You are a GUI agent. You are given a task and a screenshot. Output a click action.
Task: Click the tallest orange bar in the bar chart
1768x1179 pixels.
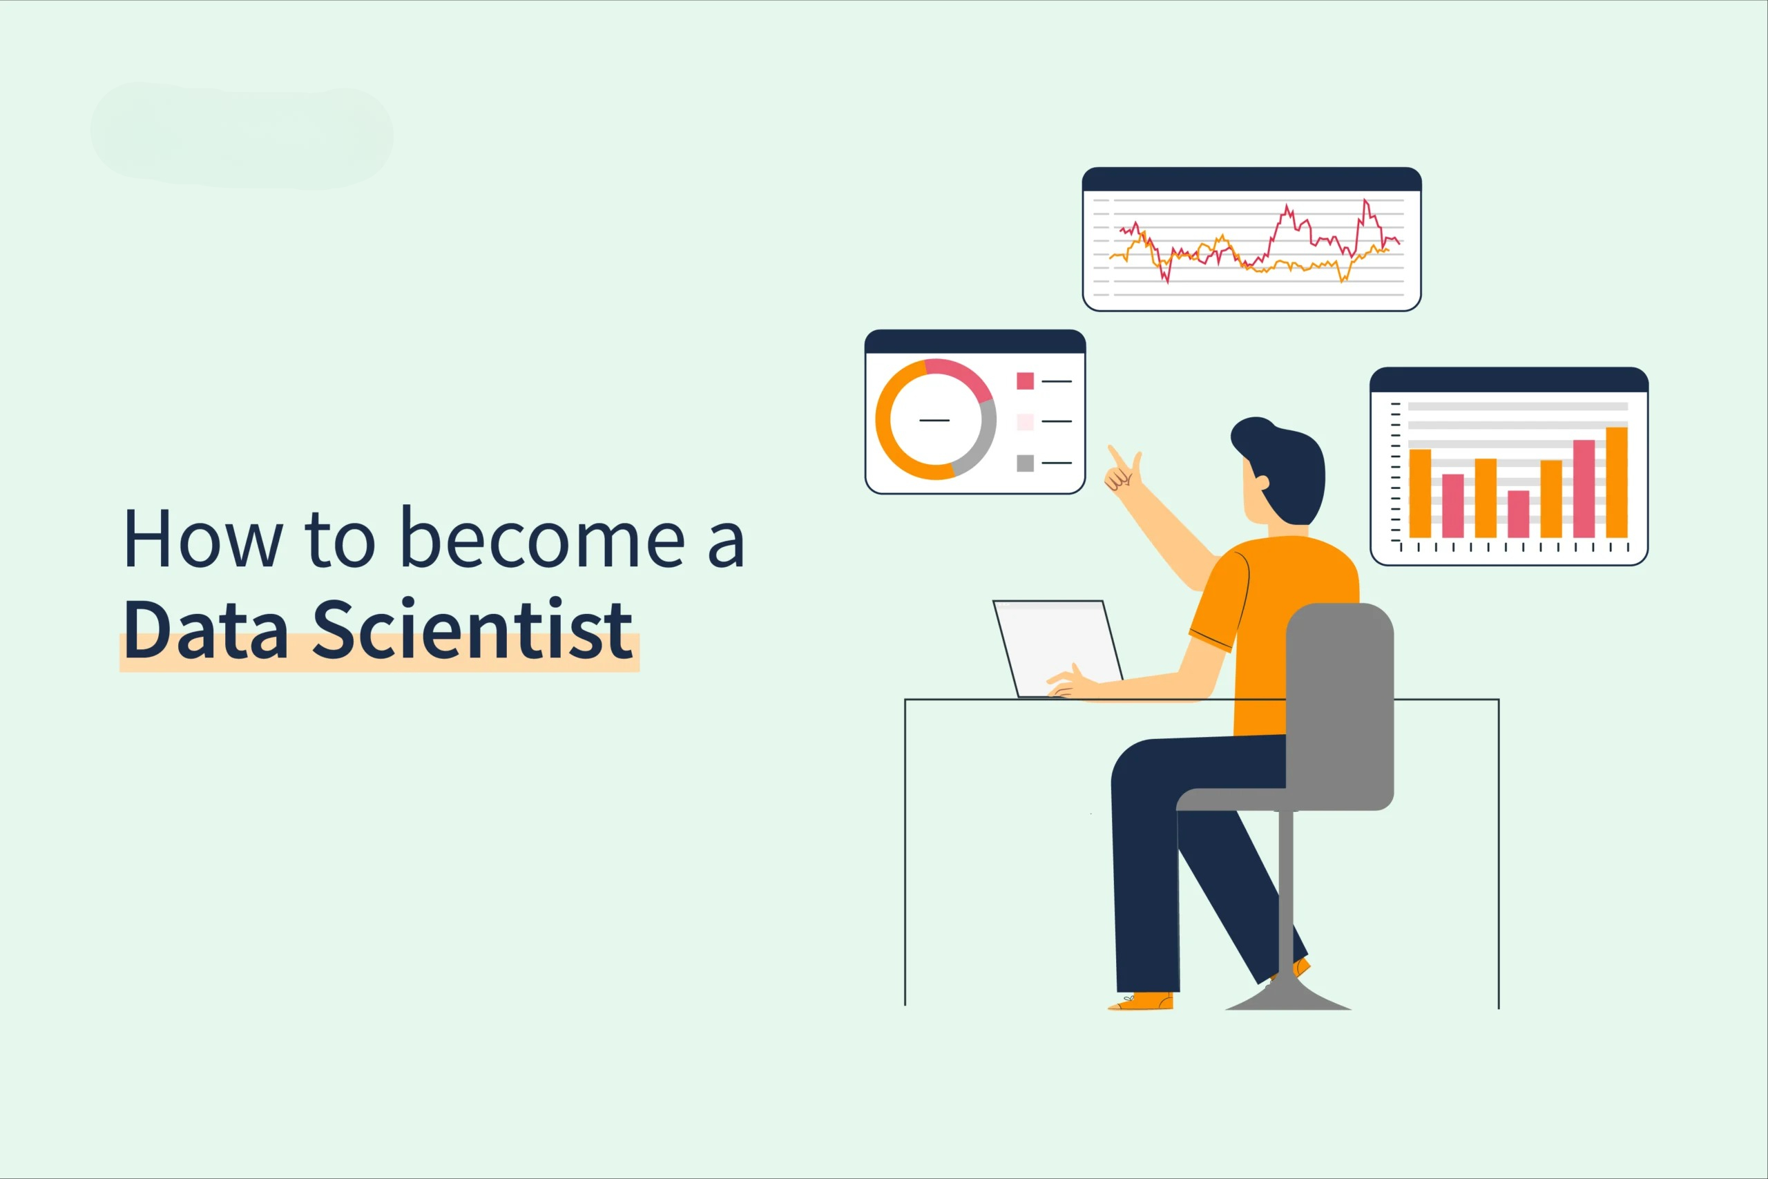pyautogui.click(x=1616, y=482)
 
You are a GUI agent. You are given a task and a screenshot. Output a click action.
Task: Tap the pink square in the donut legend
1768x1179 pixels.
pyautogui.click(x=1025, y=381)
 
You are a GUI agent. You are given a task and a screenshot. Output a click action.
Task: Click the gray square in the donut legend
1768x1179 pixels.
pyautogui.click(x=1025, y=463)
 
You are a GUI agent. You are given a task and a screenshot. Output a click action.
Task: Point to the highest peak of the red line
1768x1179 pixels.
pyautogui.click(x=1365, y=200)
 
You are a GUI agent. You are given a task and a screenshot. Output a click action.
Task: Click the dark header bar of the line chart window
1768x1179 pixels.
pyautogui.click(x=1251, y=180)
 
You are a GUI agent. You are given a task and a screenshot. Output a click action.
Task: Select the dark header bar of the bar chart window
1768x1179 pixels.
pyautogui.click(x=1508, y=380)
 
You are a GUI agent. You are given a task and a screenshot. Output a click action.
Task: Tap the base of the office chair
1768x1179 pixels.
pyautogui.click(x=1287, y=996)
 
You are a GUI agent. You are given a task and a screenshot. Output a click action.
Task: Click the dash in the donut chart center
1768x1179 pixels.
pyautogui.click(x=934, y=419)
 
